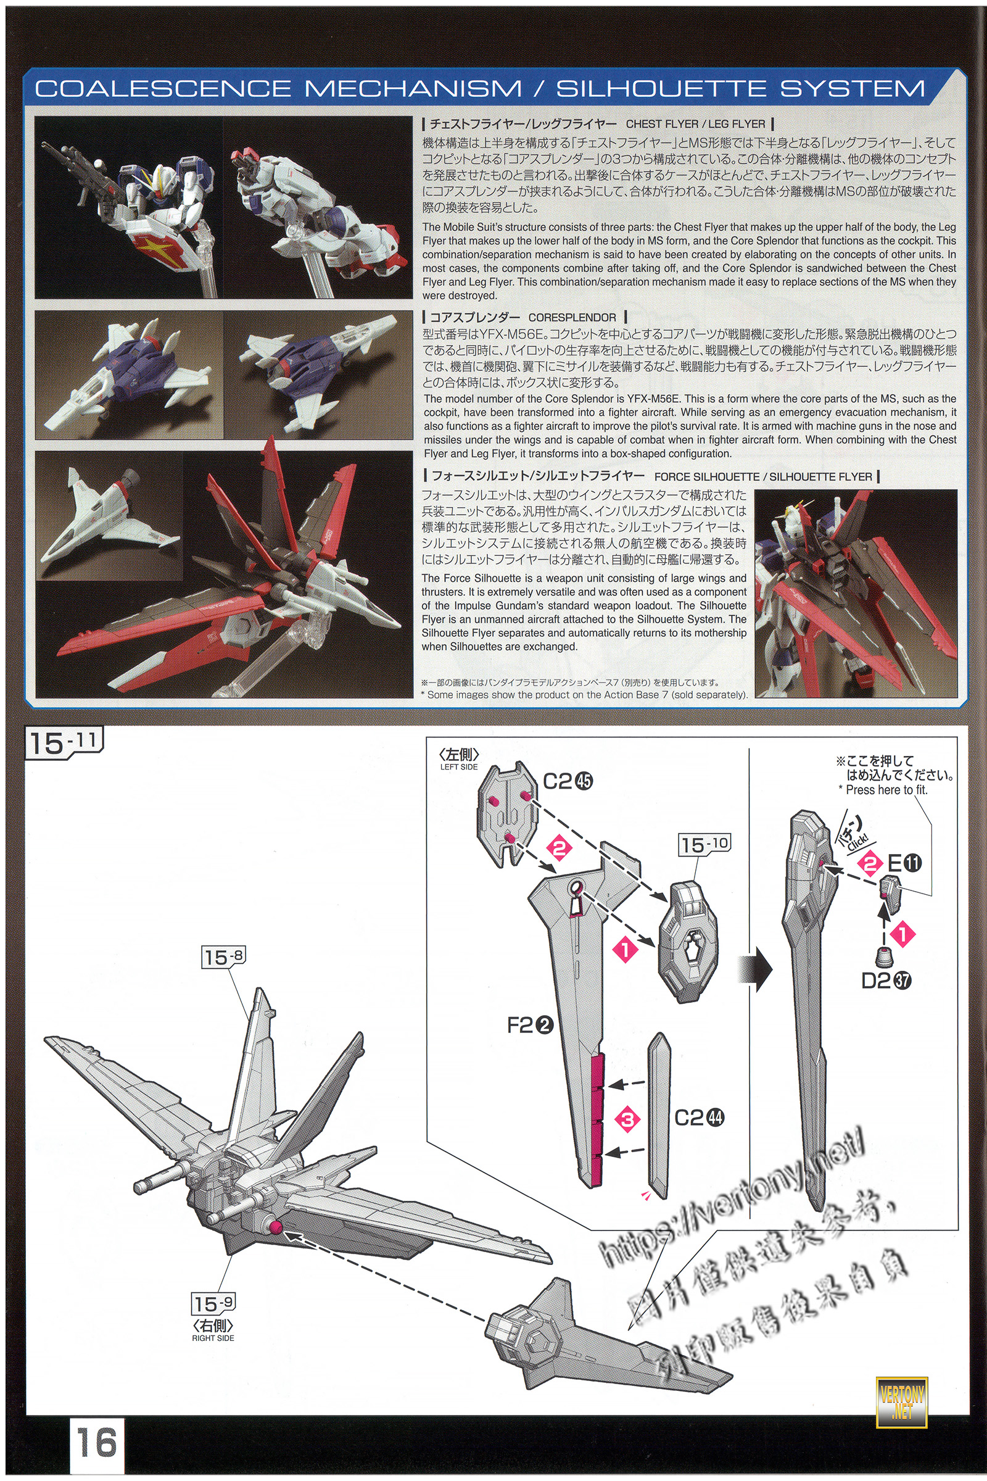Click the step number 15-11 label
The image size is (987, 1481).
pyautogui.click(x=64, y=743)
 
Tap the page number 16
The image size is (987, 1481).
pyautogui.click(x=97, y=1442)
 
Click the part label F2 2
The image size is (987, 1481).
pyautogui.click(x=530, y=1025)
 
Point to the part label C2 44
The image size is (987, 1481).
pyautogui.click(x=700, y=1118)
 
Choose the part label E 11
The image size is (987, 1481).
pyautogui.click(x=904, y=862)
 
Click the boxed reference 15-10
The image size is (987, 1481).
pyautogui.click(x=704, y=844)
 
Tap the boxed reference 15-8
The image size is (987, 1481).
pyautogui.click(x=223, y=957)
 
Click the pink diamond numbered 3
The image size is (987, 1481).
pyautogui.click(x=627, y=1119)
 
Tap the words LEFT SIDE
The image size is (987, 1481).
pyautogui.click(x=459, y=767)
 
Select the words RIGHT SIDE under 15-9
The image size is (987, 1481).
pyautogui.click(x=213, y=1338)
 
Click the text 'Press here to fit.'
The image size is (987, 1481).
pyautogui.click(x=887, y=790)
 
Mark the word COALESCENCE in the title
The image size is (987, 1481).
pyautogui.click(x=163, y=89)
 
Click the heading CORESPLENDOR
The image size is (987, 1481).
pyautogui.click(x=572, y=317)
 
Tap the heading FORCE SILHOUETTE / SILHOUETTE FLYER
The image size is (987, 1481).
pyautogui.click(x=763, y=476)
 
